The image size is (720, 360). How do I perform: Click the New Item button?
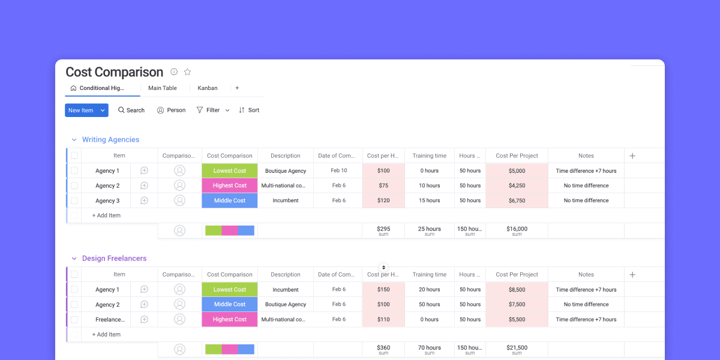81,110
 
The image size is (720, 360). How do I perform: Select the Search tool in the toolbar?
131,110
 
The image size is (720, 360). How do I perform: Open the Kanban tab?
208,88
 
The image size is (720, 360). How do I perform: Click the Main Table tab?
163,88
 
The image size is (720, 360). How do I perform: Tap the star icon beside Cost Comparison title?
187,72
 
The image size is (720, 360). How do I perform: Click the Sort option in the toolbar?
249,110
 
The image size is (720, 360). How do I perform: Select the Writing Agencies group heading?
110,140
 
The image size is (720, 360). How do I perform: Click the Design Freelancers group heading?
114,259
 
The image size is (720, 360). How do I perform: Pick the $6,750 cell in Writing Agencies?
517,201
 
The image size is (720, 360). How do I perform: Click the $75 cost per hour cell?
383,186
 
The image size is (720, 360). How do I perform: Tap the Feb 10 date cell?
339,171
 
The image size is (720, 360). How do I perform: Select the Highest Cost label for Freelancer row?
230,320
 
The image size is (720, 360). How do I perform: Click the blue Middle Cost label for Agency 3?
230,201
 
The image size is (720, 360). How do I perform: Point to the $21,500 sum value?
517,347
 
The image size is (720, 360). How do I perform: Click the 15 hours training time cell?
430,201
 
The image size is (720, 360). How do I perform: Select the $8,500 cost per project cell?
517,290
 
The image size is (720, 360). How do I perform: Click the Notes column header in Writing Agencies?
586,156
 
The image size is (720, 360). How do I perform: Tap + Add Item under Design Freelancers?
106,335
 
